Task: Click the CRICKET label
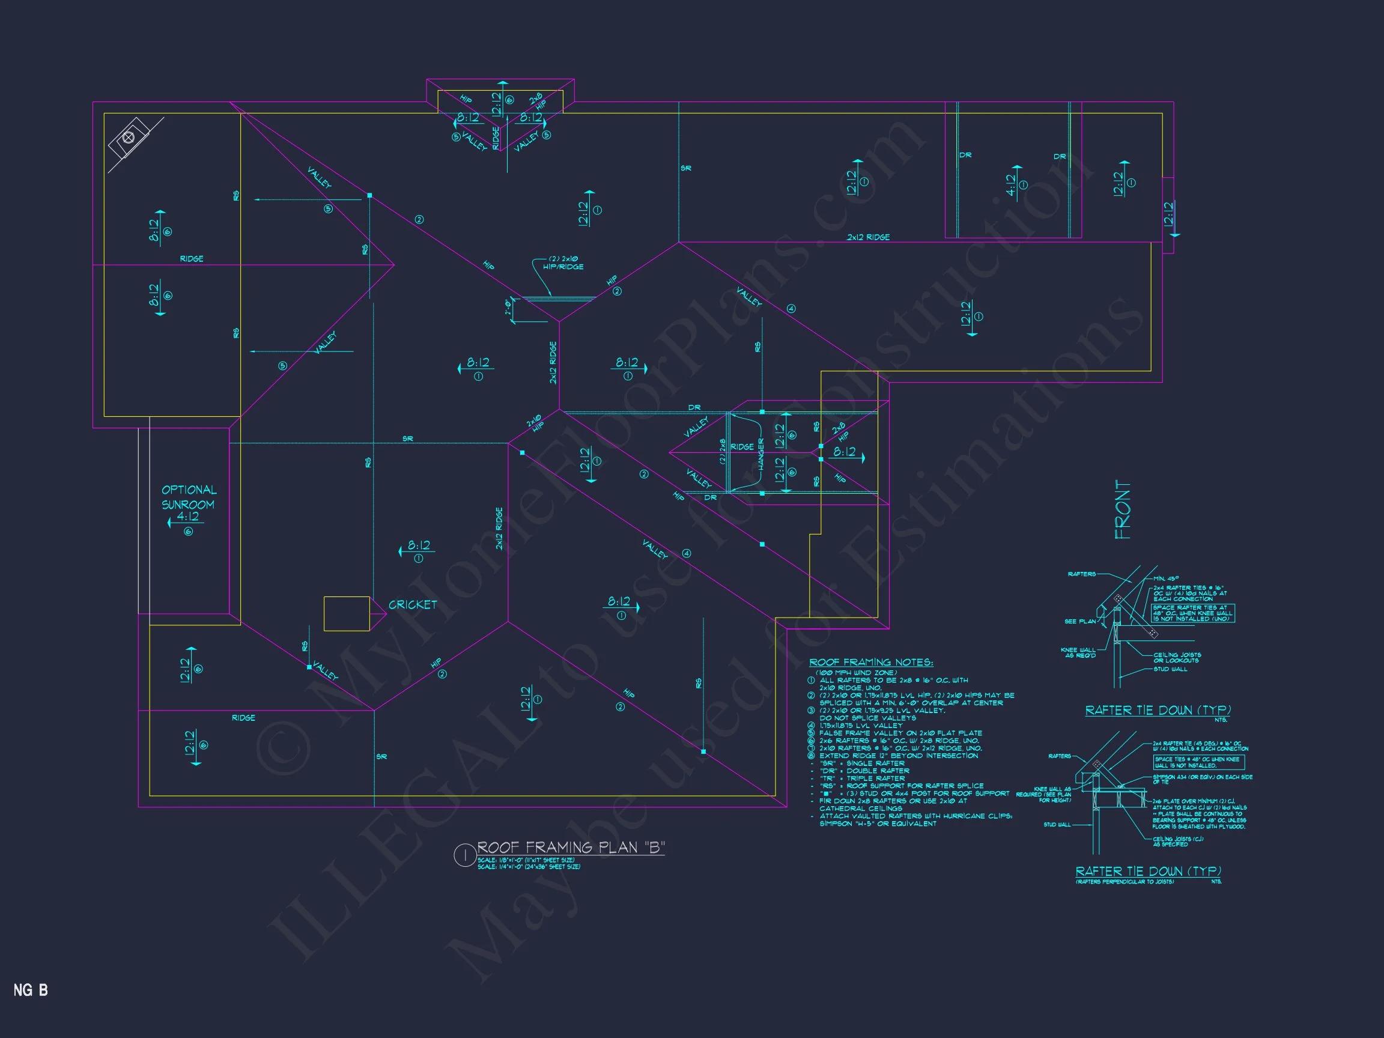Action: (x=412, y=605)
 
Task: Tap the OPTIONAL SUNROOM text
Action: (x=189, y=497)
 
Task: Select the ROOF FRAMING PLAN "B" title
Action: (x=571, y=848)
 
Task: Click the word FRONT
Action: (x=1123, y=510)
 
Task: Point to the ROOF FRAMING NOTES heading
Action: (x=871, y=663)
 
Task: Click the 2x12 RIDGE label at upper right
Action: (x=868, y=237)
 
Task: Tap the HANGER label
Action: (x=762, y=454)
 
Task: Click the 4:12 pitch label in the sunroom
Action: (x=187, y=517)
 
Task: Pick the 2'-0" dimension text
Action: (x=509, y=308)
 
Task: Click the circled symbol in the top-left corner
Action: (x=129, y=138)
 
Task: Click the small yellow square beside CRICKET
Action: (x=346, y=613)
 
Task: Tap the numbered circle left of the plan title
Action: (x=464, y=855)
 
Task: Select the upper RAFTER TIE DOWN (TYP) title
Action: (x=1158, y=710)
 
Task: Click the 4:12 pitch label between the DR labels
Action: (x=1011, y=184)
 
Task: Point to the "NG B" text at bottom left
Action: (x=31, y=990)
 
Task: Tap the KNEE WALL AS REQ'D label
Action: (x=1078, y=652)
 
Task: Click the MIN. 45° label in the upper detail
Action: (x=1167, y=578)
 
